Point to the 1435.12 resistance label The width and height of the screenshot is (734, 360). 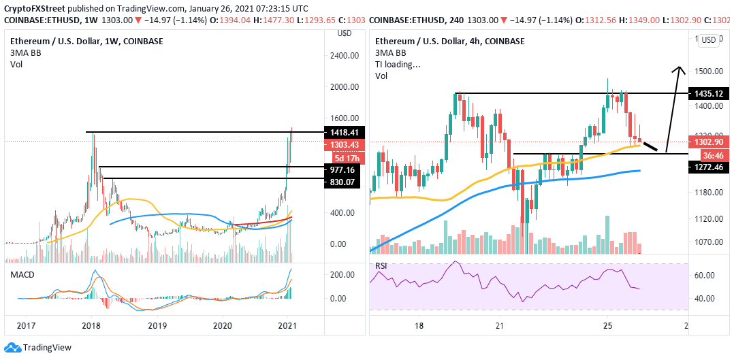point(707,93)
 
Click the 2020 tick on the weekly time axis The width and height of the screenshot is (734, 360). point(223,326)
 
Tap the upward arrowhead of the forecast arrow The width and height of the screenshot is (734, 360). point(679,68)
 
